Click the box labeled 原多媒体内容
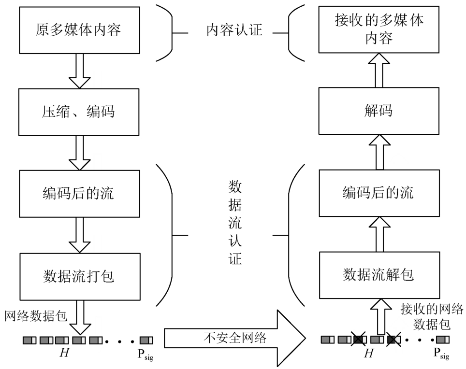point(78,30)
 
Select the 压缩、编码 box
point(78,112)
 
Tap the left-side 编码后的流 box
point(78,194)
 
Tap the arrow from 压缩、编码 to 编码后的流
point(78,153)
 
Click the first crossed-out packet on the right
point(359,340)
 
